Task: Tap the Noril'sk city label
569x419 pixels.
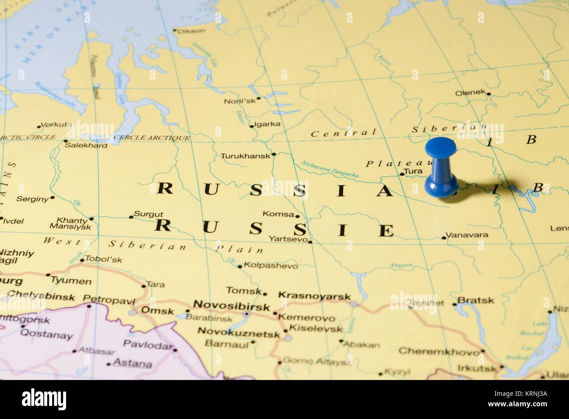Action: pyautogui.click(x=239, y=101)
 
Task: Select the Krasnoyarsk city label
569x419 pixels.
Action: pyautogui.click(x=314, y=297)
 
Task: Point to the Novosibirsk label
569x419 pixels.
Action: pyautogui.click(x=232, y=306)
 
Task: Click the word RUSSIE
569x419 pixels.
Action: pyautogui.click(x=275, y=228)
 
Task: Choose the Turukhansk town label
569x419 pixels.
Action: pyautogui.click(x=245, y=156)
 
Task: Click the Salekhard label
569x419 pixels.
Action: pyautogui.click(x=86, y=145)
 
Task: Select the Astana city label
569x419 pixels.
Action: pyautogui.click(x=132, y=363)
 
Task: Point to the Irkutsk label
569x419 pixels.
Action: pyautogui.click(x=477, y=368)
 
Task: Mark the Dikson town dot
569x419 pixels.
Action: pyautogui.click(x=175, y=31)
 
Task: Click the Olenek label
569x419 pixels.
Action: pyautogui.click(x=471, y=93)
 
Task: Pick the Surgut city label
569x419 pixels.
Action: pyautogui.click(x=148, y=214)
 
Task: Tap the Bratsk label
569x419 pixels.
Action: pyautogui.click(x=476, y=301)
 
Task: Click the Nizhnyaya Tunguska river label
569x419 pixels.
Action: pyautogui.click(x=330, y=170)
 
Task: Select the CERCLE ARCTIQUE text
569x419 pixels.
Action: pyautogui.click(x=151, y=138)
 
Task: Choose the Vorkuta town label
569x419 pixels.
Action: pyautogui.click(x=56, y=124)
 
